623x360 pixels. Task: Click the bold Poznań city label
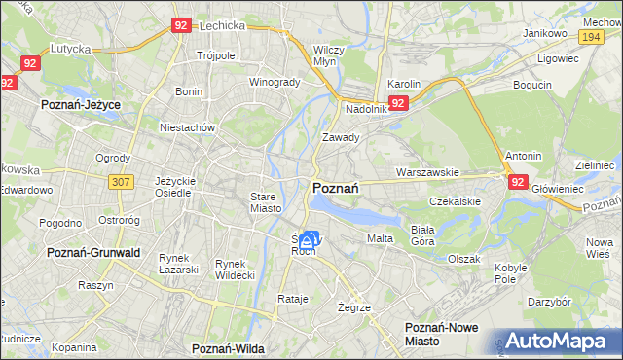pos(336,188)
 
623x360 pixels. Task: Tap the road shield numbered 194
pos(588,36)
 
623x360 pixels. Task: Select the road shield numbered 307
pos(121,182)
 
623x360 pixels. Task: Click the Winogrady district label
pos(275,82)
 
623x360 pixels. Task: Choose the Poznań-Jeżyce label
pos(79,102)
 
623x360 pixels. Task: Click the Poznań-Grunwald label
pos(89,252)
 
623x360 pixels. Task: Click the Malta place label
pos(380,238)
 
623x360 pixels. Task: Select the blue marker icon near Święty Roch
pos(309,239)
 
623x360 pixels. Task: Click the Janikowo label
pos(545,33)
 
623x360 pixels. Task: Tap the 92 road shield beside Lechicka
pos(180,26)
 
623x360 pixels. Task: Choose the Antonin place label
pos(524,156)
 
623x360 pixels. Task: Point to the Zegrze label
pos(354,307)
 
